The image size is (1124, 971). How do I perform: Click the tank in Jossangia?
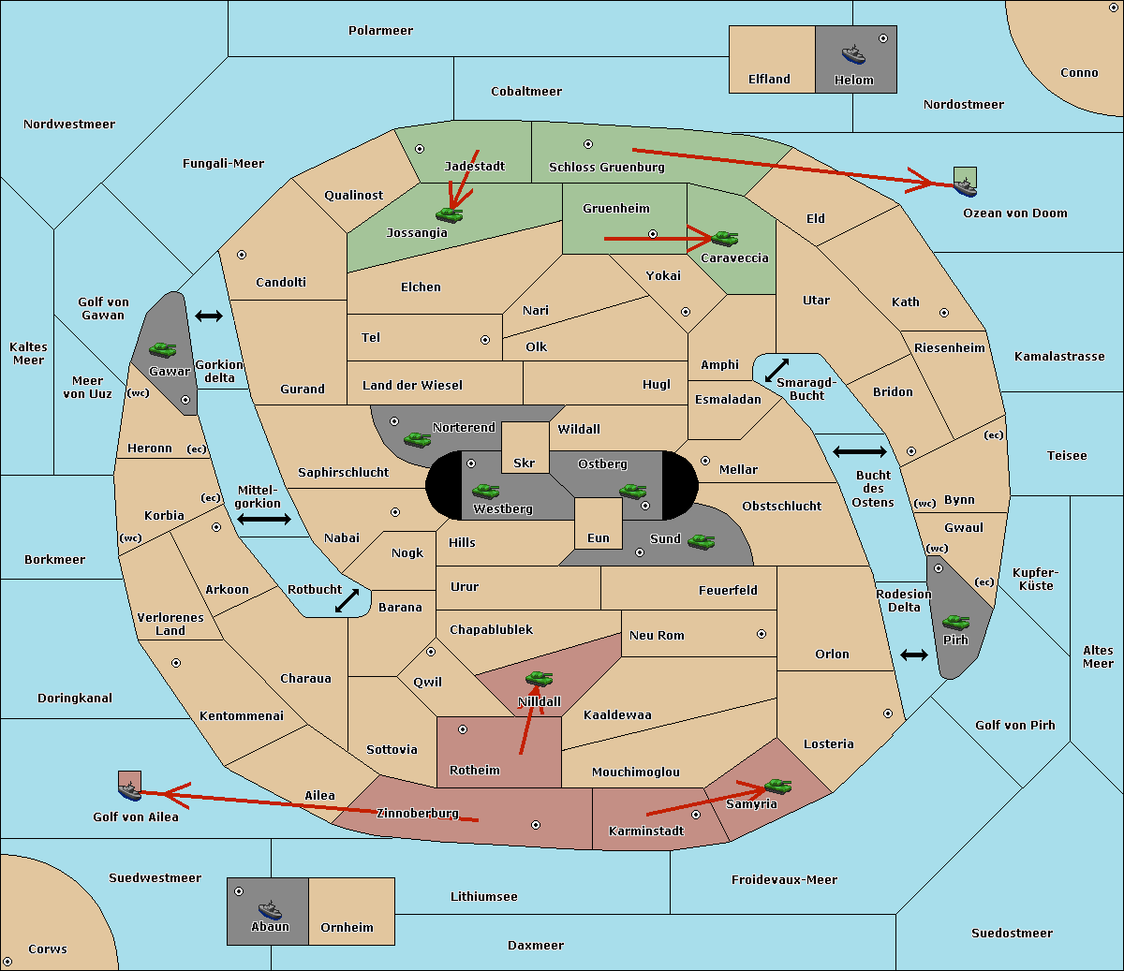point(450,214)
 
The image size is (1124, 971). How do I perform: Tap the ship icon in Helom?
point(853,54)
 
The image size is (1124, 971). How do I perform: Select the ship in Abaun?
point(270,909)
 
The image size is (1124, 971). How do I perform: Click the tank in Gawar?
point(163,350)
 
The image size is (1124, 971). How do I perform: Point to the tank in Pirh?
point(956,623)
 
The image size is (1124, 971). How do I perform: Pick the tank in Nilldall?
point(540,678)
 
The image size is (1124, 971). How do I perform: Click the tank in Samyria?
point(777,786)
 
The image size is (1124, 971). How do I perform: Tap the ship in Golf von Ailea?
point(130,791)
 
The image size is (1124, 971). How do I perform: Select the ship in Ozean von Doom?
point(965,186)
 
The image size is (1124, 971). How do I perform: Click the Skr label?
point(525,463)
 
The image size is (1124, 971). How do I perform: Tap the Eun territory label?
point(599,537)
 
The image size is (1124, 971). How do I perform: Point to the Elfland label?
point(769,79)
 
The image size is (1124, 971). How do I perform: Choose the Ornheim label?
point(347,927)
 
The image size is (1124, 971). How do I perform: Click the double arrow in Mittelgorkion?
point(264,519)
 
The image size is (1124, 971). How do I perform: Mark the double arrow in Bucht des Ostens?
point(859,452)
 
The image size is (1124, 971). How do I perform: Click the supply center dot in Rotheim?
point(463,728)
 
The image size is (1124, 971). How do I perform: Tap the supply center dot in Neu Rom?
point(762,634)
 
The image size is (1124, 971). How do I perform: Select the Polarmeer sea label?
point(380,30)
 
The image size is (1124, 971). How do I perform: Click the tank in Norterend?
point(418,439)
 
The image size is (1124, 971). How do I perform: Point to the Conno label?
point(1079,72)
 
